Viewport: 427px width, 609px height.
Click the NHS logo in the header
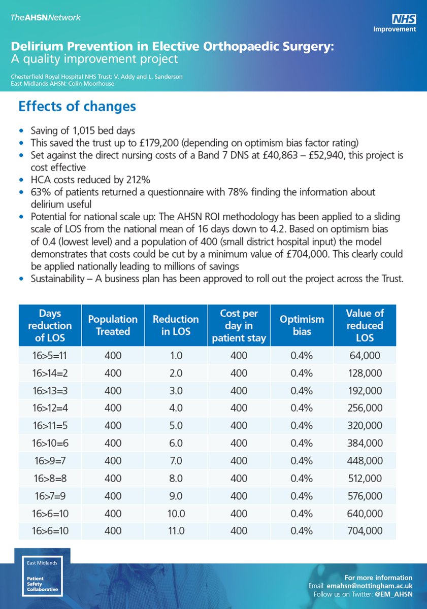click(x=404, y=19)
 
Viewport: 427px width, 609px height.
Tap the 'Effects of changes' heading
click(x=77, y=106)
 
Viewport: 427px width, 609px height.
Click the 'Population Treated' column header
click(x=113, y=325)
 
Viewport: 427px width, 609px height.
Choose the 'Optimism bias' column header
click(x=302, y=325)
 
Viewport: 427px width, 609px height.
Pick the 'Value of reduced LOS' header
click(x=365, y=325)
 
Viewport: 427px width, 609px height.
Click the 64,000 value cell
click(x=365, y=355)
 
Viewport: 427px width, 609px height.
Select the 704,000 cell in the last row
click(x=365, y=530)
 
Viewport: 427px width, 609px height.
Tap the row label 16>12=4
click(x=50, y=408)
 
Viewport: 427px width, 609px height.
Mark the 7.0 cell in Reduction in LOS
click(x=176, y=461)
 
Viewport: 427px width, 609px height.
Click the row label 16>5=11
click(x=50, y=355)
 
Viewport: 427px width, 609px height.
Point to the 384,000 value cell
click(x=365, y=443)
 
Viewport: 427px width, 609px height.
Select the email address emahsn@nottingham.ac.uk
click(x=369, y=586)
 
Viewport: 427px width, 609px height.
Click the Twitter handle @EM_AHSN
click(x=393, y=594)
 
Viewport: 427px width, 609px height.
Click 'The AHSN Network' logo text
click(x=45, y=18)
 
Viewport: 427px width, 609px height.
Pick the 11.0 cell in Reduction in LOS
click(x=176, y=530)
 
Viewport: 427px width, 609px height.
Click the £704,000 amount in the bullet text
click(x=307, y=254)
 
